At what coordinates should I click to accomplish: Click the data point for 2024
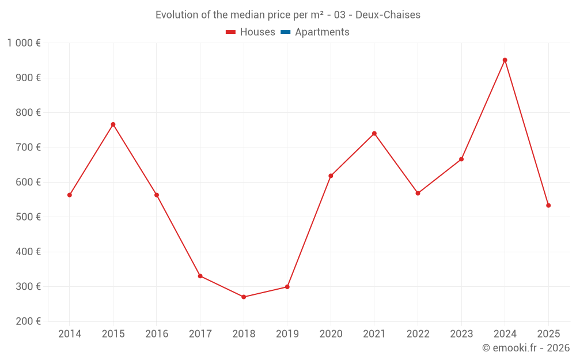pyautogui.click(x=505, y=60)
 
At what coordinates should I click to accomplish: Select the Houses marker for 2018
pyautogui.click(x=244, y=297)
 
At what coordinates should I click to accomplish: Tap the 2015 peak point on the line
pyautogui.click(x=113, y=124)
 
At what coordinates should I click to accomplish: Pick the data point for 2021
pyautogui.click(x=374, y=134)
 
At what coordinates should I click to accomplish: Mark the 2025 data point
pyautogui.click(x=548, y=206)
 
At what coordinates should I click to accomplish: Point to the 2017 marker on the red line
pyautogui.click(x=200, y=276)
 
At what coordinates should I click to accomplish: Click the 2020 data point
pyautogui.click(x=331, y=176)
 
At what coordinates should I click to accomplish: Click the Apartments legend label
pyautogui.click(x=322, y=32)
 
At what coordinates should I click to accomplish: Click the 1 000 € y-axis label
pyautogui.click(x=24, y=43)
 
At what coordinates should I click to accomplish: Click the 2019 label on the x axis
pyautogui.click(x=287, y=334)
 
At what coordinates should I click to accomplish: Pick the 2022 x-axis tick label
pyautogui.click(x=418, y=334)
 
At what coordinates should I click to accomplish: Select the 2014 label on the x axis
pyautogui.click(x=70, y=334)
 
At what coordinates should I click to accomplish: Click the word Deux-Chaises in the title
pyautogui.click(x=391, y=15)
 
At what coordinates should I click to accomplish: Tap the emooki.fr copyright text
pyautogui.click(x=526, y=348)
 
